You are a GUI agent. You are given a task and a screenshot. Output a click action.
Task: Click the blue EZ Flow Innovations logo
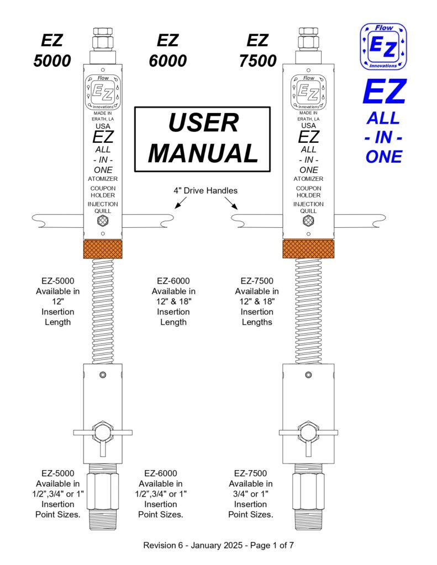pyautogui.click(x=383, y=46)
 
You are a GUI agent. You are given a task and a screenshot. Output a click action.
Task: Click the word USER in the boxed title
pyautogui.click(x=203, y=122)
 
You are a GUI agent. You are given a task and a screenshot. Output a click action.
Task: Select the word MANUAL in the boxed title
pyautogui.click(x=203, y=153)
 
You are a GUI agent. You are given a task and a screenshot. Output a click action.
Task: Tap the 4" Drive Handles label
pyautogui.click(x=206, y=190)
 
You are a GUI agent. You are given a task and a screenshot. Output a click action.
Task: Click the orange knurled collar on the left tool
pyautogui.click(x=103, y=249)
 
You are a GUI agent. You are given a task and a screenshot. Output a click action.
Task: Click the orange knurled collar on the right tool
pyautogui.click(x=308, y=249)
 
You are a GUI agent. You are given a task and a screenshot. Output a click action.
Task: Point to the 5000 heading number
pyautogui.click(x=52, y=61)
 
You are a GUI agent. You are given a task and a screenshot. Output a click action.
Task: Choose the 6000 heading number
pyautogui.click(x=168, y=61)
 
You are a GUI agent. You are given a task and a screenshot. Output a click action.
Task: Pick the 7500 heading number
pyautogui.click(x=257, y=61)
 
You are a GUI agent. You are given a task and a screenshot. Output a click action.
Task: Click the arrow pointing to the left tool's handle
pyautogui.click(x=181, y=203)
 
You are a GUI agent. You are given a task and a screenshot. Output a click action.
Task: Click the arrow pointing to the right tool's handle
pyautogui.click(x=231, y=203)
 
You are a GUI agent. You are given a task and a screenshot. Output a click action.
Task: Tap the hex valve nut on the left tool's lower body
pyautogui.click(x=103, y=433)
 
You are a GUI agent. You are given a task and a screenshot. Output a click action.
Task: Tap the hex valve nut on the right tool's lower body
pyautogui.click(x=308, y=433)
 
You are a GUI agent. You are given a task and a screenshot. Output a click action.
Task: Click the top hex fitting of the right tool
pyautogui.click(x=308, y=39)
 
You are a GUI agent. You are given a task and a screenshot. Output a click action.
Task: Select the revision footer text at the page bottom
pyautogui.click(x=218, y=545)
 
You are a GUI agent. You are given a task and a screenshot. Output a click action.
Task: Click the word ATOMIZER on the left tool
pyautogui.click(x=103, y=179)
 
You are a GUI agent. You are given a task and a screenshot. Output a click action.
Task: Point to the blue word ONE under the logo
pyautogui.click(x=383, y=157)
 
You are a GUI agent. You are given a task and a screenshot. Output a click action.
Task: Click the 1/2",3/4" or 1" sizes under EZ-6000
pyautogui.click(x=161, y=494)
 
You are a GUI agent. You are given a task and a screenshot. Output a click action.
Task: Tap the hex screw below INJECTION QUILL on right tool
pyautogui.click(x=308, y=221)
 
